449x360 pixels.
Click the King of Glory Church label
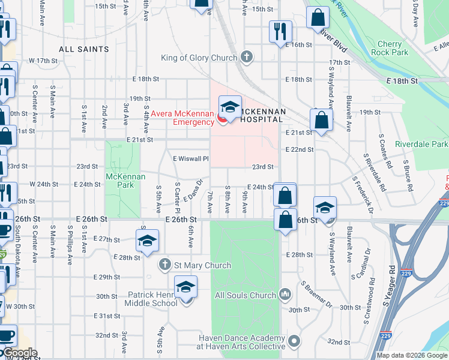pyautogui.click(x=201, y=58)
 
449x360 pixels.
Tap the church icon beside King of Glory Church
pyautogui.click(x=245, y=58)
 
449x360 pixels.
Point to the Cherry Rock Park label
pyautogui.click(x=394, y=48)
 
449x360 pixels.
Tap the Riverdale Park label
pyautogui.click(x=421, y=145)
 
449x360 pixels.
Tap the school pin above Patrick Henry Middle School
pyautogui.click(x=186, y=288)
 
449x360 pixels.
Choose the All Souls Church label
pyautogui.click(x=245, y=295)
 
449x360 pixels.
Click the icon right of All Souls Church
pyautogui.click(x=285, y=295)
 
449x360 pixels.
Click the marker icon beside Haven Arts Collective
pyautogui.click(x=294, y=342)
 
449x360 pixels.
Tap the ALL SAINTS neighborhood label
pyautogui.click(x=84, y=49)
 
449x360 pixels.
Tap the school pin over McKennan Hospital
pyautogui.click(x=229, y=107)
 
